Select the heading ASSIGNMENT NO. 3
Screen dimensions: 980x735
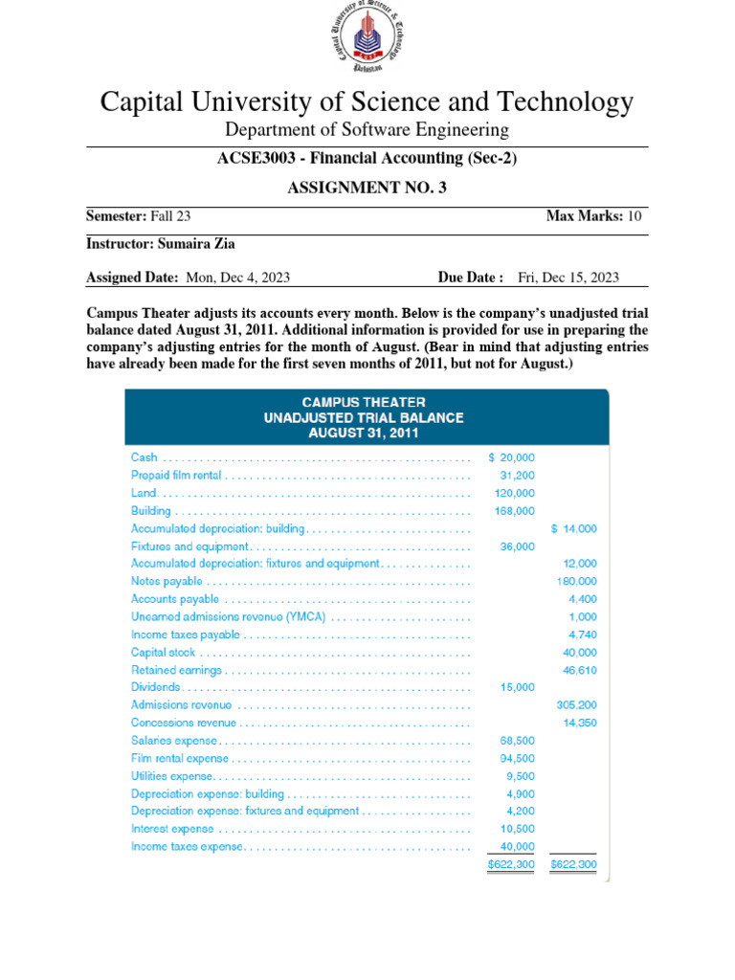(x=367, y=188)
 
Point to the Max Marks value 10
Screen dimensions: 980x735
(x=635, y=216)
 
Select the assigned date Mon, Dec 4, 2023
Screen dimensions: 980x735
(x=237, y=278)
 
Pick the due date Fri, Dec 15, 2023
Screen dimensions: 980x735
(x=568, y=278)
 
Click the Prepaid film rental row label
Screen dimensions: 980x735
(x=176, y=475)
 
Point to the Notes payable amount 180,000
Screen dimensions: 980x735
(x=576, y=581)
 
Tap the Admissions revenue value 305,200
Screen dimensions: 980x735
(x=576, y=704)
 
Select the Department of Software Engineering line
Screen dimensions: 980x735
(x=367, y=129)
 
